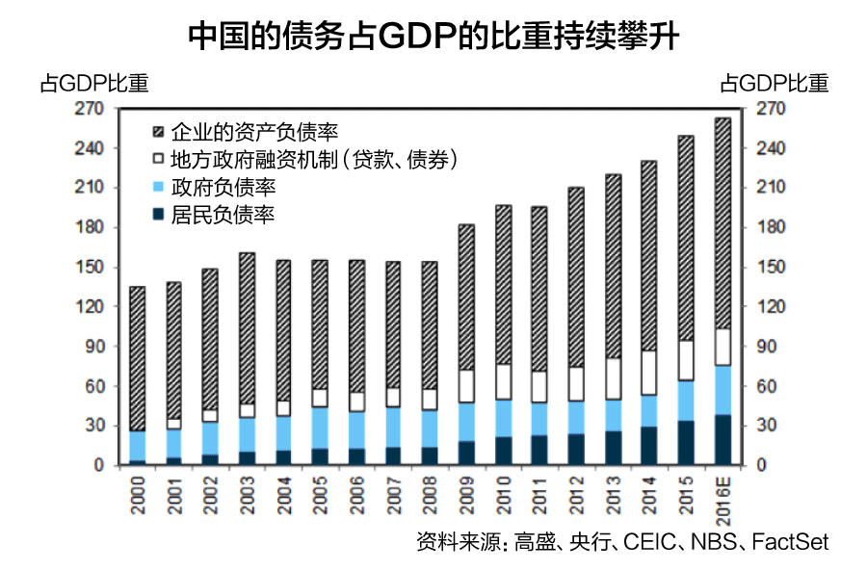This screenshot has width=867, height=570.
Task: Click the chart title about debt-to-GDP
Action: coord(433,37)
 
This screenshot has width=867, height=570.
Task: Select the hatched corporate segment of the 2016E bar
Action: coord(722,221)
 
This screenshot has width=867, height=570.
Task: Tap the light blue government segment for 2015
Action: coord(686,401)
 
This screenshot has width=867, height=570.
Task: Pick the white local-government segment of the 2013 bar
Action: coord(613,378)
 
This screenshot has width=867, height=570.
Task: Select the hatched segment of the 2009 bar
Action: coord(466,297)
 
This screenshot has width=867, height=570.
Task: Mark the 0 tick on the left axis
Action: coord(98,466)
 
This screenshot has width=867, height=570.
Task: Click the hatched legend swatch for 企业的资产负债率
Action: coord(160,130)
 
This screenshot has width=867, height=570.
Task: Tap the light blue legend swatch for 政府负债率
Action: coord(160,187)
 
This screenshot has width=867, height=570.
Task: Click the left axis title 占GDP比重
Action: coord(93,84)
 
